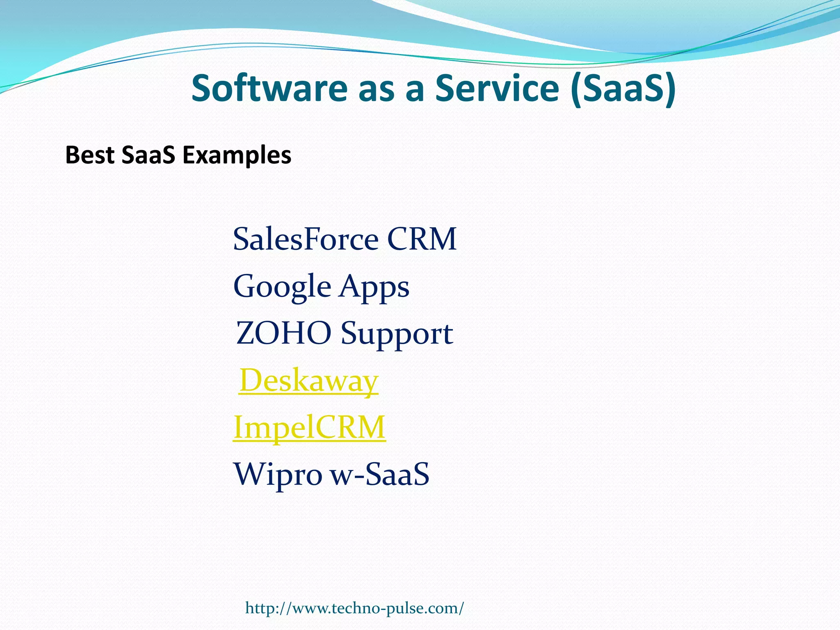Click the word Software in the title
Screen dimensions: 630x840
coord(269,89)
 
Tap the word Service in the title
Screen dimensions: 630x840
coord(497,89)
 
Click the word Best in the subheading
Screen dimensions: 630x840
coord(89,155)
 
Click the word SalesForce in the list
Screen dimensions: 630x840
coord(306,239)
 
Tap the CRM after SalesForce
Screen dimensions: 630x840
coord(422,239)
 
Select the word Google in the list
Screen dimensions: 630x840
coord(282,287)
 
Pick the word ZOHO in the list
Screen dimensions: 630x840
coord(283,333)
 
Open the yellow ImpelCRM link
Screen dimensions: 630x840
coord(309,427)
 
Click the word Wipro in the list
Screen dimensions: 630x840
coord(278,475)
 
